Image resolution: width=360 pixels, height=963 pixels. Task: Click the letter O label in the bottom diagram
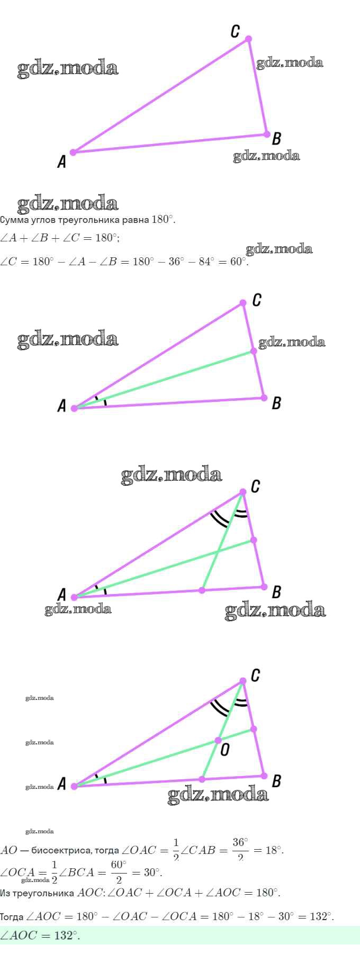tap(225, 750)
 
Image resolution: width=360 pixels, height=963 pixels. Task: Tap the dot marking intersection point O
tap(218, 740)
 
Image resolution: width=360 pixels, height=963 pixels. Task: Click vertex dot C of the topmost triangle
tap(248, 39)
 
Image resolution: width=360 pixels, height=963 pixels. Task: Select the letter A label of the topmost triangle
tap(62, 161)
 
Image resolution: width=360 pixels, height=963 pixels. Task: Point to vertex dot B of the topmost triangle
tap(267, 134)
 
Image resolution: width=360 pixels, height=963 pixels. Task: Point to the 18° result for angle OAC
tap(273, 850)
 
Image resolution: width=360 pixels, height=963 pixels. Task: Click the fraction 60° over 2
tap(119, 872)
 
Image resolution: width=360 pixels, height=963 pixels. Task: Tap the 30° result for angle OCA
tap(152, 872)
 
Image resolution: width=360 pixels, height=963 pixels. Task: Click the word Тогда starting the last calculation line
tap(12, 916)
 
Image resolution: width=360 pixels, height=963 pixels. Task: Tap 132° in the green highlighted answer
tap(66, 935)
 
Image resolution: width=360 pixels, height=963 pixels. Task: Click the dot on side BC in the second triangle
tap(254, 351)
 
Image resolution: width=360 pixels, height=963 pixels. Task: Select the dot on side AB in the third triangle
tap(202, 590)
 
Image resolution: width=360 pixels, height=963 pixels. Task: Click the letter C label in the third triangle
tap(255, 486)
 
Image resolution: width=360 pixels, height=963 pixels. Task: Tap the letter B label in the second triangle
tap(276, 403)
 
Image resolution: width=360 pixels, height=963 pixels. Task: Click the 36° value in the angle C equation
tap(175, 262)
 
